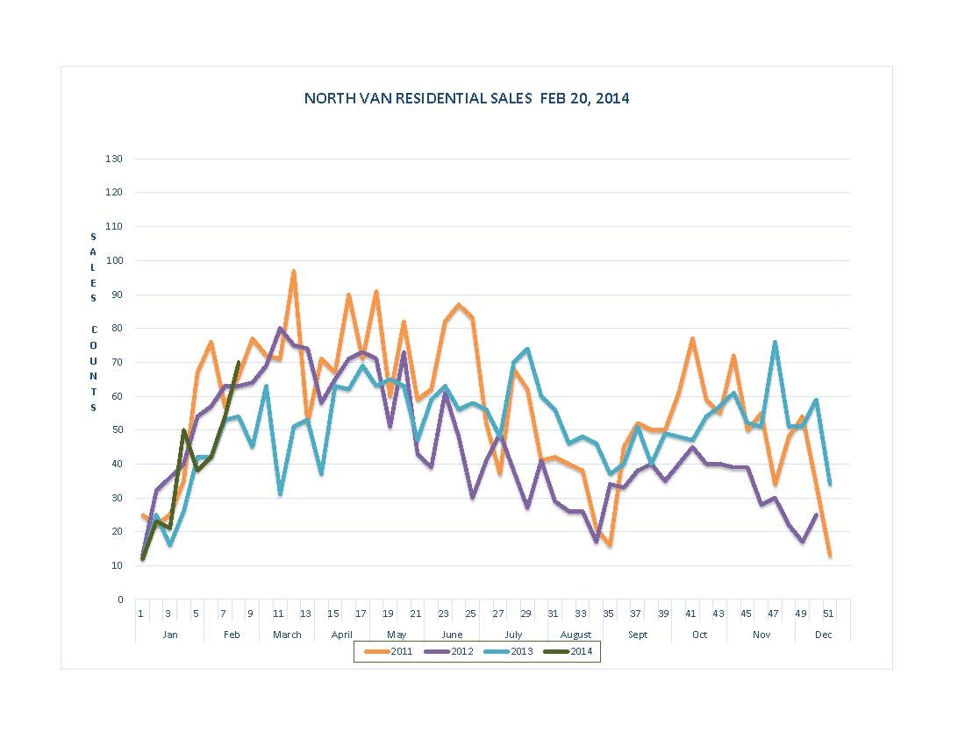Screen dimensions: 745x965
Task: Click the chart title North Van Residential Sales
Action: pyautogui.click(x=466, y=98)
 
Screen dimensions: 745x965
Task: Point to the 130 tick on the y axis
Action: pyautogui.click(x=115, y=159)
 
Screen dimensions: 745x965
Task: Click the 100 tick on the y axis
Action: pyautogui.click(x=115, y=260)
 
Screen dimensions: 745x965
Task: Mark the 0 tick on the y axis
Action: pyautogui.click(x=119, y=600)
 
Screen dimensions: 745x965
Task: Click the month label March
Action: pyautogui.click(x=287, y=635)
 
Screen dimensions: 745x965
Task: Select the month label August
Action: pyautogui.click(x=575, y=635)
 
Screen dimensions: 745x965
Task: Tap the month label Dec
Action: pyautogui.click(x=823, y=635)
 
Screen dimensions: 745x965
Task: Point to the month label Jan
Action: pyautogui.click(x=170, y=635)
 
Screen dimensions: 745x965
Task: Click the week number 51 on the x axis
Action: pyautogui.click(x=829, y=614)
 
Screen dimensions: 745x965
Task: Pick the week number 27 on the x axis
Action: pyautogui.click(x=498, y=614)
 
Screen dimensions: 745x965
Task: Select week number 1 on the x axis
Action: pyautogui.click(x=140, y=614)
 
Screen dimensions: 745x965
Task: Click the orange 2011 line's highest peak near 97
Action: pyautogui.click(x=293, y=271)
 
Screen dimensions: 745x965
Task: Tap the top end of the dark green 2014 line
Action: pyautogui.click(x=238, y=362)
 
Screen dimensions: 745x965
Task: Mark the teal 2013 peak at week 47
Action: pyautogui.click(x=775, y=342)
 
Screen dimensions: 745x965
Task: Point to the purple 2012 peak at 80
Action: pyautogui.click(x=279, y=329)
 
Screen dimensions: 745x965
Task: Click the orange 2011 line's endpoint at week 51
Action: pyautogui.click(x=830, y=556)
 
